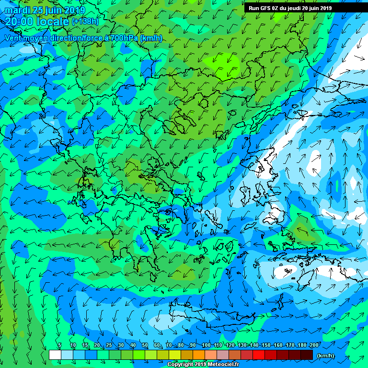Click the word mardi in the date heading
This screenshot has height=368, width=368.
click(x=18, y=11)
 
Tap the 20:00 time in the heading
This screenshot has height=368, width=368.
click(x=20, y=22)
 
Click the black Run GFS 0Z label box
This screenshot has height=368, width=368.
click(x=290, y=8)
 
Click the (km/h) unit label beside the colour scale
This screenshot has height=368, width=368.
click(x=326, y=356)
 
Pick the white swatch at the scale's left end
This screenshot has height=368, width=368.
click(x=55, y=355)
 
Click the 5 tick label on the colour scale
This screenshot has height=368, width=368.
click(x=59, y=345)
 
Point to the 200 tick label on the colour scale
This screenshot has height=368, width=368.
click(x=314, y=345)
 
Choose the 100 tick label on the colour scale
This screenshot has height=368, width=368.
click(x=206, y=345)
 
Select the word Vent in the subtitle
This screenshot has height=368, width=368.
click(x=14, y=38)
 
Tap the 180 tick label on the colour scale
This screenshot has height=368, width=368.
click(x=302, y=345)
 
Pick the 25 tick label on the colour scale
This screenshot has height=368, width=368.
click(x=109, y=345)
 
